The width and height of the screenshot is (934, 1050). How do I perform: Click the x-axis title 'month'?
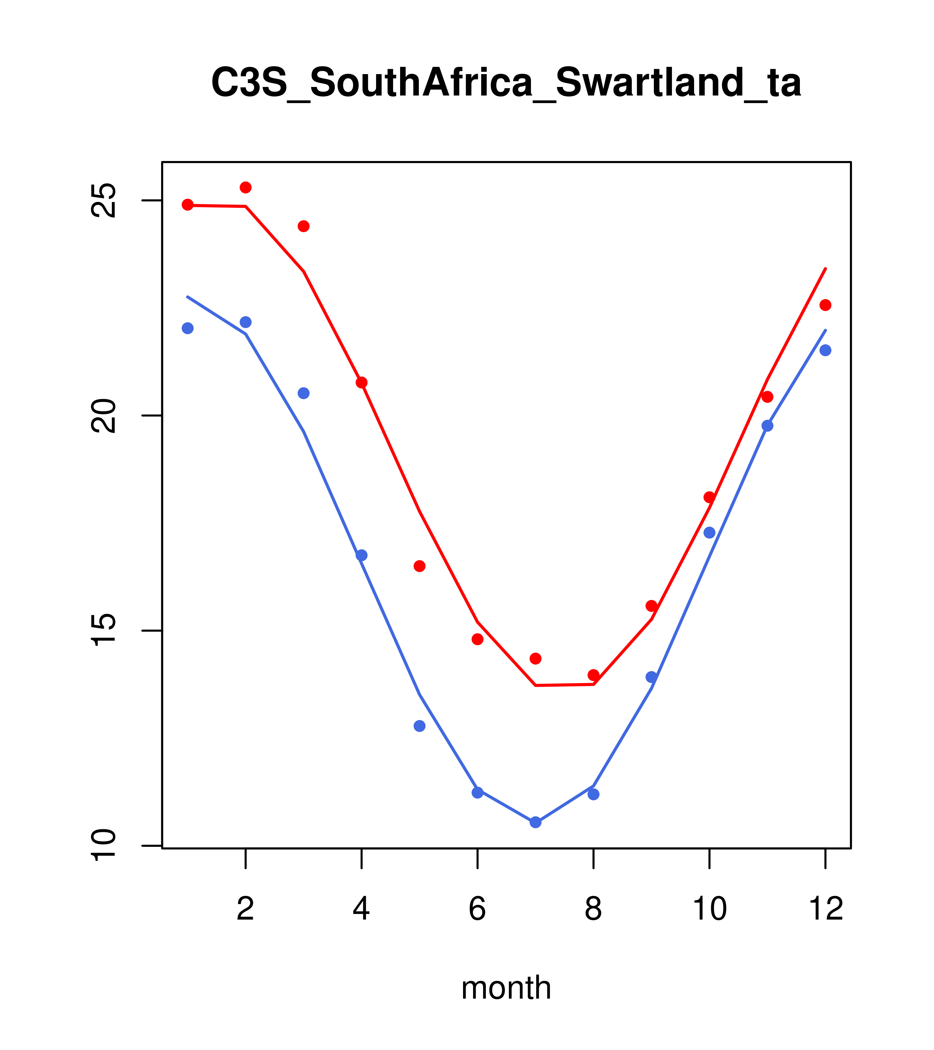point(506,987)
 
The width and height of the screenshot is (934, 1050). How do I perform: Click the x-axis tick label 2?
point(246,909)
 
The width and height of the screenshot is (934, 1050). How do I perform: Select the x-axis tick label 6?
point(478,909)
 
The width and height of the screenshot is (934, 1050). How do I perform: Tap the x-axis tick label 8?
point(593,909)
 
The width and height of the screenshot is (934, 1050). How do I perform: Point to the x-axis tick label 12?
point(826,909)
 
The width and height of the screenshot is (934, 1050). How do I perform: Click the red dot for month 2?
point(246,187)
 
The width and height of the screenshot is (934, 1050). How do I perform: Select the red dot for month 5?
point(420,566)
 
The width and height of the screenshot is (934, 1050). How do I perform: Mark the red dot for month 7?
point(536,659)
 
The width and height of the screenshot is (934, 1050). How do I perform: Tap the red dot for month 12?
point(826,305)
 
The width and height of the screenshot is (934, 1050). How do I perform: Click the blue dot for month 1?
point(188,328)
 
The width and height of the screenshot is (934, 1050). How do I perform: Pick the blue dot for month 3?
point(304,393)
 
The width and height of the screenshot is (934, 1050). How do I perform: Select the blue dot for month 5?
point(420,726)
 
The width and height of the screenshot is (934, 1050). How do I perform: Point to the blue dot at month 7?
point(536,822)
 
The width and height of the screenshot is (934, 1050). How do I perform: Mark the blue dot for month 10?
point(709,532)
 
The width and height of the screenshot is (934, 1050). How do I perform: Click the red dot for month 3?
point(304,226)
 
